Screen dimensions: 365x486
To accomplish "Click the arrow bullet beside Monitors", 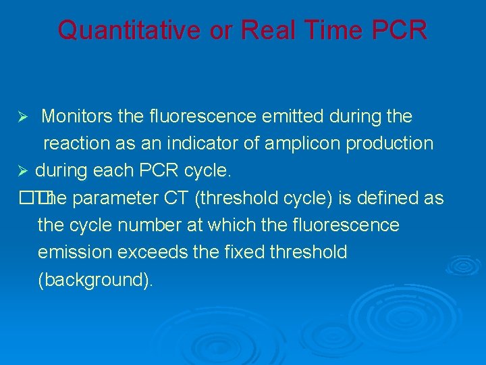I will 22,118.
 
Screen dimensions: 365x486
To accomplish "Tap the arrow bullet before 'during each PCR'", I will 22,172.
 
